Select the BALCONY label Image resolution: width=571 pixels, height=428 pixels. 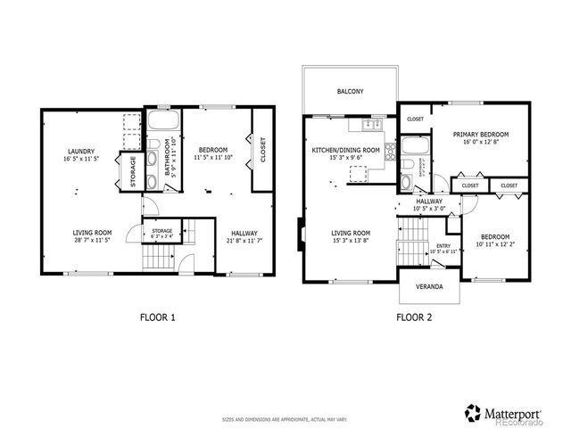coord(350,91)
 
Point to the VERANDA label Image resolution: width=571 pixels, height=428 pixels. coord(429,289)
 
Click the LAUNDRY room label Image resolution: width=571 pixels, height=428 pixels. coord(79,150)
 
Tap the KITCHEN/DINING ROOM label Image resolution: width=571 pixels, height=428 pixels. coord(346,150)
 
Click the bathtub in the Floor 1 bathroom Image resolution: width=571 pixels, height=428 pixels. coord(163,121)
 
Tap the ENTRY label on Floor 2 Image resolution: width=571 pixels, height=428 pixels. coord(443,247)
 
